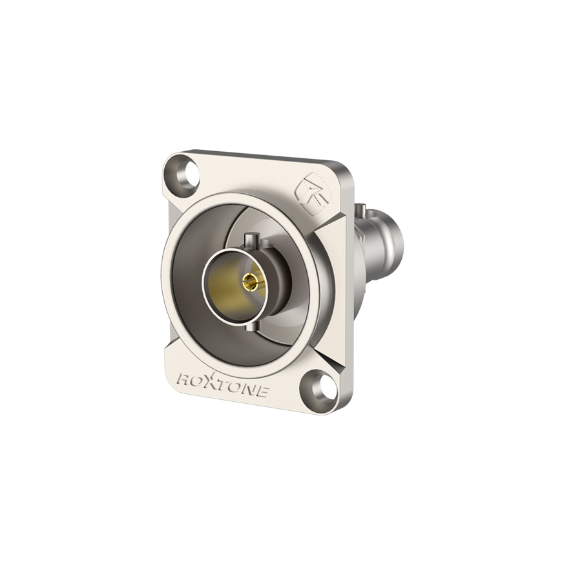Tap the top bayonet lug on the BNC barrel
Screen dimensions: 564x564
tap(251, 240)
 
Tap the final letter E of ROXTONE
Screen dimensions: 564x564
tap(262, 392)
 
